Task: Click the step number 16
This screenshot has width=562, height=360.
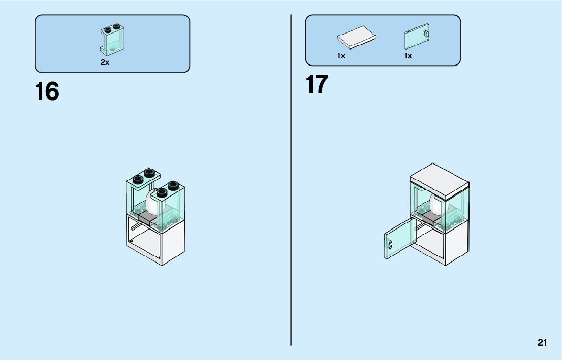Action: point(47,92)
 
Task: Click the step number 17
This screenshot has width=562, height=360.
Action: point(317,84)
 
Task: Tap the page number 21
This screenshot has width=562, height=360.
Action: point(542,343)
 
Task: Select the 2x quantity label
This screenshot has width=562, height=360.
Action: point(105,62)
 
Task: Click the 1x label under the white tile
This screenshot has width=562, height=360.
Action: point(341,56)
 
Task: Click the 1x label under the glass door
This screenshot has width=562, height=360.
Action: point(408,56)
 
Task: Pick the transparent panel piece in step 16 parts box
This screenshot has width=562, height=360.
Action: point(112,39)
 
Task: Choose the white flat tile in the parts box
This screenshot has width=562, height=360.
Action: point(357,37)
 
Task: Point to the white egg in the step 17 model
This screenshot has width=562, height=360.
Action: point(436,204)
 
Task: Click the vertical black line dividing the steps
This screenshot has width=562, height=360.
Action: point(291,203)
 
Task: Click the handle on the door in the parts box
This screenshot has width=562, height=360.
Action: point(426,34)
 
